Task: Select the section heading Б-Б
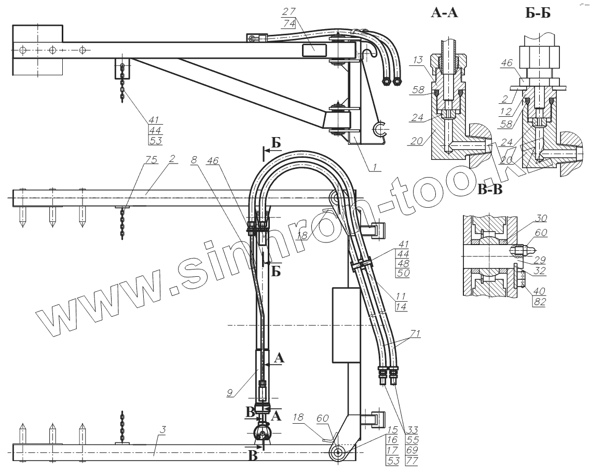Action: point(537,13)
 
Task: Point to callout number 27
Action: point(289,11)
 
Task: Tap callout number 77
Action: point(414,460)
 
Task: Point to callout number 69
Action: point(414,450)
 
